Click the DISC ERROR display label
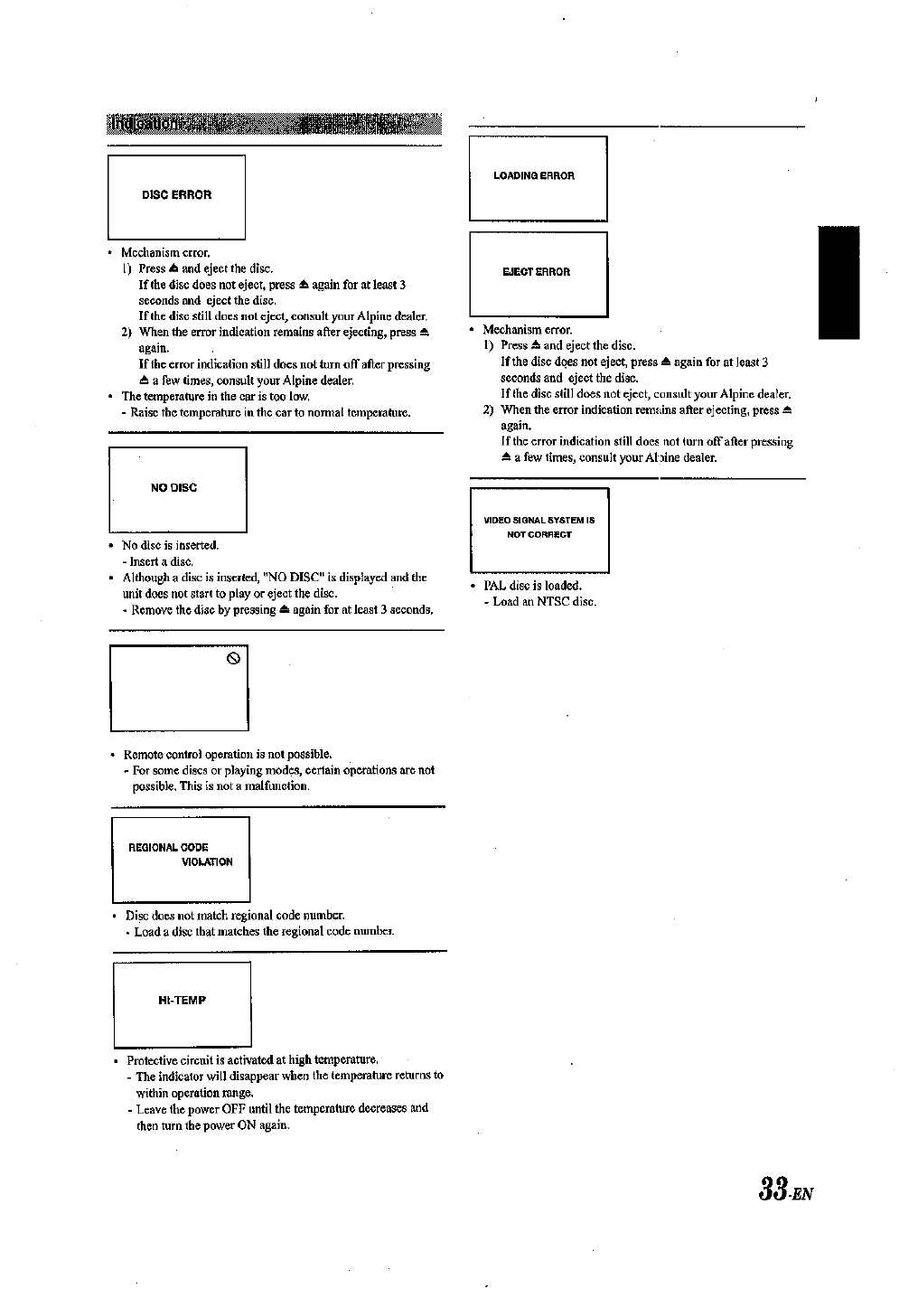pos(177,195)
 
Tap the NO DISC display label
pos(173,488)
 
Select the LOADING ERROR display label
pos(534,176)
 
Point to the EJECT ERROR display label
pos(537,272)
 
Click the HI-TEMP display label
pos(183,1001)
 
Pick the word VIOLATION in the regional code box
pos(207,862)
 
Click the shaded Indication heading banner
pos(274,123)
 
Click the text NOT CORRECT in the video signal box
pos(539,535)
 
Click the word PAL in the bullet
pos(495,586)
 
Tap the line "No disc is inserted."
pos(171,545)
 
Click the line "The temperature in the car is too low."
pos(216,397)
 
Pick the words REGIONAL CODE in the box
pos(169,848)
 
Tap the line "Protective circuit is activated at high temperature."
pos(252,1059)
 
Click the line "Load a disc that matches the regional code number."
pos(264,931)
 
